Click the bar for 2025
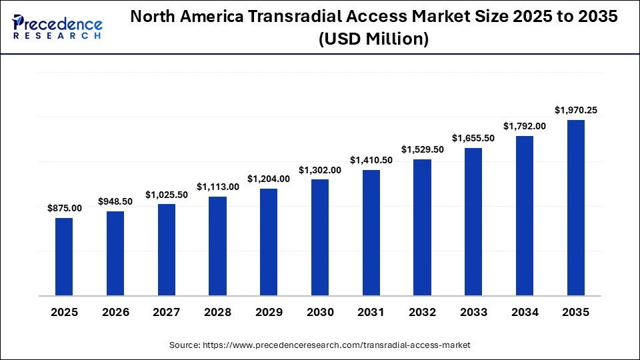64,257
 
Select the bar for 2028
217,246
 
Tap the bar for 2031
371,233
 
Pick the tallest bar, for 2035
575,207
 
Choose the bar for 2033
473,221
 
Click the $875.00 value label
64,208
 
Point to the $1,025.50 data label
166,195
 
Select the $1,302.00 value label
319,170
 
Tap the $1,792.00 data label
524,126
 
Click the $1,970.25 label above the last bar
575,110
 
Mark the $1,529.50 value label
422,149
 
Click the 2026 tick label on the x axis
115,312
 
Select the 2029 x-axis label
269,312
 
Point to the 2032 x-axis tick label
422,312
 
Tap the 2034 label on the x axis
524,312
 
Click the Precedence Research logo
57,27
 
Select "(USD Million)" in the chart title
373,40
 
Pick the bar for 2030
319,237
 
